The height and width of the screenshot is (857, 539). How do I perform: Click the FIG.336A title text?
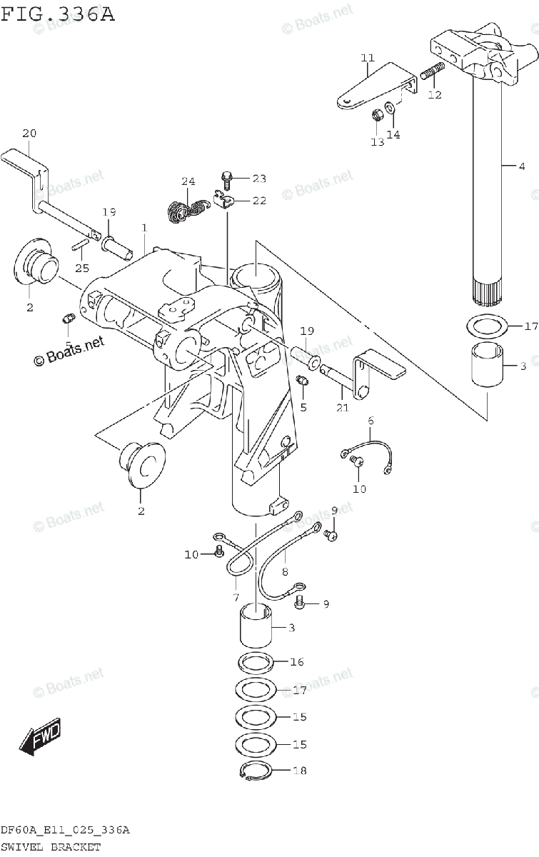57,14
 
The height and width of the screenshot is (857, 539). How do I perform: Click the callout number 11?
368,58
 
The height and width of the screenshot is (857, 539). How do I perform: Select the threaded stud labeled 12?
433,71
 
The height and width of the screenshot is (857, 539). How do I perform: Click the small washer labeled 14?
389,107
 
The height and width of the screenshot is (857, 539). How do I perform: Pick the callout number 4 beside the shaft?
522,166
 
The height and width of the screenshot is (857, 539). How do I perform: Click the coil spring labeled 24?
188,211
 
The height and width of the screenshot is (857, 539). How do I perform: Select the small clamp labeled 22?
223,199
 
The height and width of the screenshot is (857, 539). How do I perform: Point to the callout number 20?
29,133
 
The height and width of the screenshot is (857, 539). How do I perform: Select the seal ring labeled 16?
256,662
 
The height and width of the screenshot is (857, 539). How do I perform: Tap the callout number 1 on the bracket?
144,228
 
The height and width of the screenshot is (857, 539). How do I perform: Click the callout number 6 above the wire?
371,421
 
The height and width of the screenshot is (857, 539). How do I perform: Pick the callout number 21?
343,408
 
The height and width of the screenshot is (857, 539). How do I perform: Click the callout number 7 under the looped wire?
236,597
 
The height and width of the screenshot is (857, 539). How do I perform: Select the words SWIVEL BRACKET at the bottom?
50,847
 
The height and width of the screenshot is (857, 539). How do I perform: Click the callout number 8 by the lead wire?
285,571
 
